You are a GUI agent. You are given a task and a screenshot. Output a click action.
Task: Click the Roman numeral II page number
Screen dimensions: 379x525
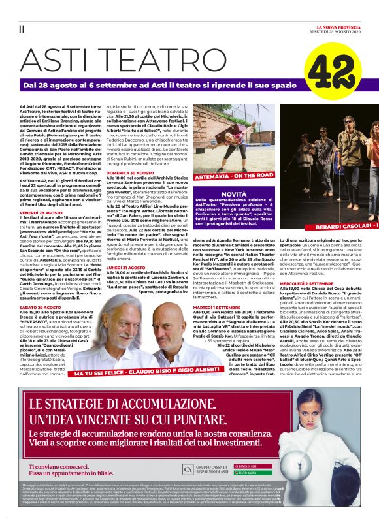(22, 29)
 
